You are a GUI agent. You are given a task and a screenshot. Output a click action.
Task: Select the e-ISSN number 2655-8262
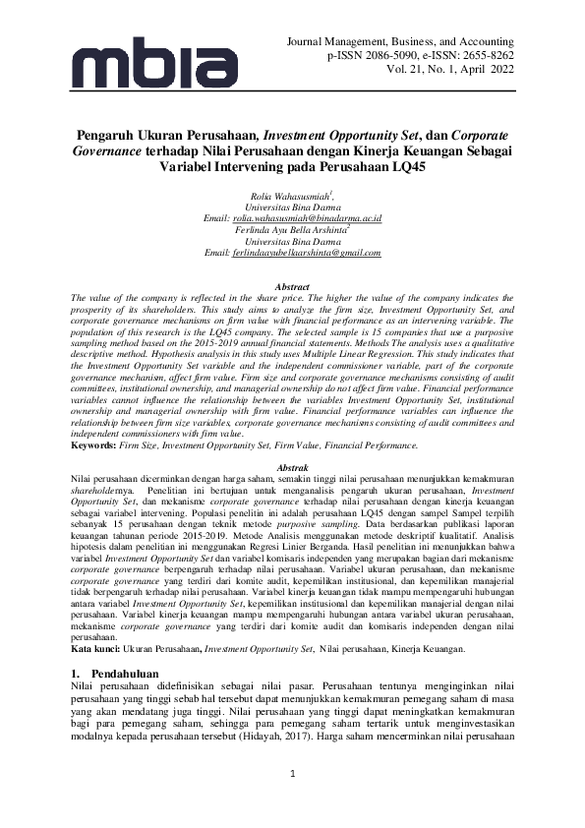pyautogui.click(x=483, y=58)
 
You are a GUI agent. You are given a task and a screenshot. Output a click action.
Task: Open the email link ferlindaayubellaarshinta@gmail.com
pyautogui.click(x=306, y=253)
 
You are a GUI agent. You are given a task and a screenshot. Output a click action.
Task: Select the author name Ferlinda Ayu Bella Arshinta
pyautogui.click(x=291, y=229)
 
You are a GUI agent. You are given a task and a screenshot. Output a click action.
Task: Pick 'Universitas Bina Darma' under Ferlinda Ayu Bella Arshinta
pyautogui.click(x=292, y=241)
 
